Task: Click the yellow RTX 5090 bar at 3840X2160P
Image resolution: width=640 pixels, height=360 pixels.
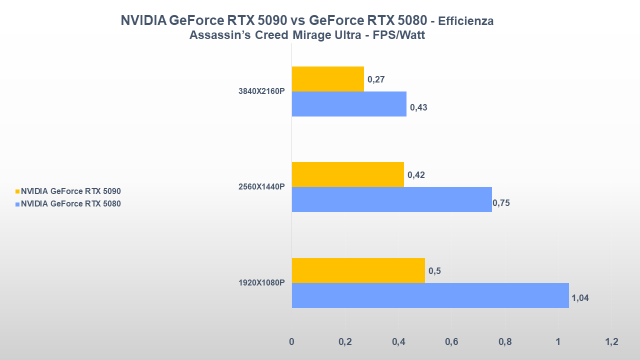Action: (x=327, y=79)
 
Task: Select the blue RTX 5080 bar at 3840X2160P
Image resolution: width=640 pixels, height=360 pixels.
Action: (x=348, y=104)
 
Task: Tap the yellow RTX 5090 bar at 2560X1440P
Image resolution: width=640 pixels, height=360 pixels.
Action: (x=347, y=174)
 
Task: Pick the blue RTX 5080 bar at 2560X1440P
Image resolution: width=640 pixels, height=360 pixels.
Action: (x=391, y=199)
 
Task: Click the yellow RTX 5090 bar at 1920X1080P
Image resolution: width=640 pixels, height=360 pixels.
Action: (x=358, y=270)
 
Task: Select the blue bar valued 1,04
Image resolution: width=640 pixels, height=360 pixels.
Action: (x=430, y=295)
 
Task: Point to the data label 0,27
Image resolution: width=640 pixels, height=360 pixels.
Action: (x=375, y=79)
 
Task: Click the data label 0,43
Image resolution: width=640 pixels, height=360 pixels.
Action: (x=418, y=107)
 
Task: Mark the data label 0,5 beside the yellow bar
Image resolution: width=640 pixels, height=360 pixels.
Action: (x=434, y=270)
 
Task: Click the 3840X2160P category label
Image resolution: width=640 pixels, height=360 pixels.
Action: (x=261, y=91)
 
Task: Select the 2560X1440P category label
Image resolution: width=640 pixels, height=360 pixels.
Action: (x=261, y=187)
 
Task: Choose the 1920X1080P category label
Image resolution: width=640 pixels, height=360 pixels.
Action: (x=261, y=282)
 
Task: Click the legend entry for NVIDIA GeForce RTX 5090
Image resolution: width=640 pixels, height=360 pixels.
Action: (x=70, y=191)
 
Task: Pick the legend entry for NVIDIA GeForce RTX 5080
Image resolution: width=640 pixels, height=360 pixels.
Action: (x=70, y=203)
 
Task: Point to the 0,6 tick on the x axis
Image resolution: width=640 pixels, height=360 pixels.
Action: (x=451, y=342)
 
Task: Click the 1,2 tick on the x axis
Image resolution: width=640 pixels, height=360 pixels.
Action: (x=611, y=342)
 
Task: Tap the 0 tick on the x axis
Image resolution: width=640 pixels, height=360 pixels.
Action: (x=291, y=342)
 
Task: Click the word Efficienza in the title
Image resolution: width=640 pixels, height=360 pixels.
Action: (x=466, y=21)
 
